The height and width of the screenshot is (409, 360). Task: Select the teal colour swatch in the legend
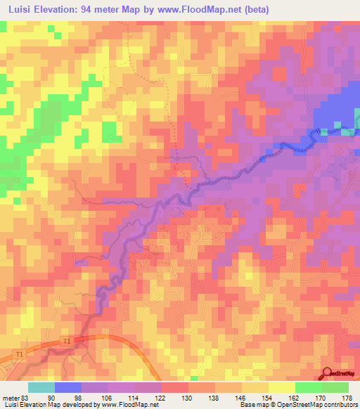tap(41, 387)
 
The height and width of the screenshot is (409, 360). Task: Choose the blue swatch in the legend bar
tap(68, 387)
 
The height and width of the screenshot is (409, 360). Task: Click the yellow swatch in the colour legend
tap(281, 387)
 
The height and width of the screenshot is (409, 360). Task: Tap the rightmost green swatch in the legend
tap(335, 387)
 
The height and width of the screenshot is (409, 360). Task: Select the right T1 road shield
tap(66, 342)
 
